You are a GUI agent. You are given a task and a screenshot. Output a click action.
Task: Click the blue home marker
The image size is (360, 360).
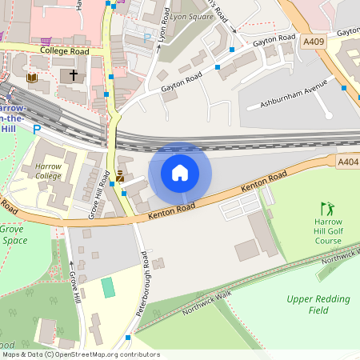coord(180,173)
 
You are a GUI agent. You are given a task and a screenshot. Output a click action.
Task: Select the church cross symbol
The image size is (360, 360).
coord(74,76)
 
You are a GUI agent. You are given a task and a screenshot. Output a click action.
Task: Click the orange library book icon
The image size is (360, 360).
coord(32,78)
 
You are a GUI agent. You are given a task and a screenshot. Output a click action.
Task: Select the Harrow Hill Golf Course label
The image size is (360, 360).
coord(328,230)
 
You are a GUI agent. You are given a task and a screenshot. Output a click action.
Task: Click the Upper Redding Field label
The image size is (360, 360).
coord(318,304)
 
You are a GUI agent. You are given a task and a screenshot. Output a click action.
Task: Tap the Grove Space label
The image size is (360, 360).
coord(14,234)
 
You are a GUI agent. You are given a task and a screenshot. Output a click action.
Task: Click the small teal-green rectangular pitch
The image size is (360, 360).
coord(108,287)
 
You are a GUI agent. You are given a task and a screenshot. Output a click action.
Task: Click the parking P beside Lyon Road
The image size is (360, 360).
coord(146,37)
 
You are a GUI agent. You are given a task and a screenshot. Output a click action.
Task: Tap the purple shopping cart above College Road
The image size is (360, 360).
coord(47,41)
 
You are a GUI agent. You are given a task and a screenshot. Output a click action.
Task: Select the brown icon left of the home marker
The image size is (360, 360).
coord(119,175)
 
